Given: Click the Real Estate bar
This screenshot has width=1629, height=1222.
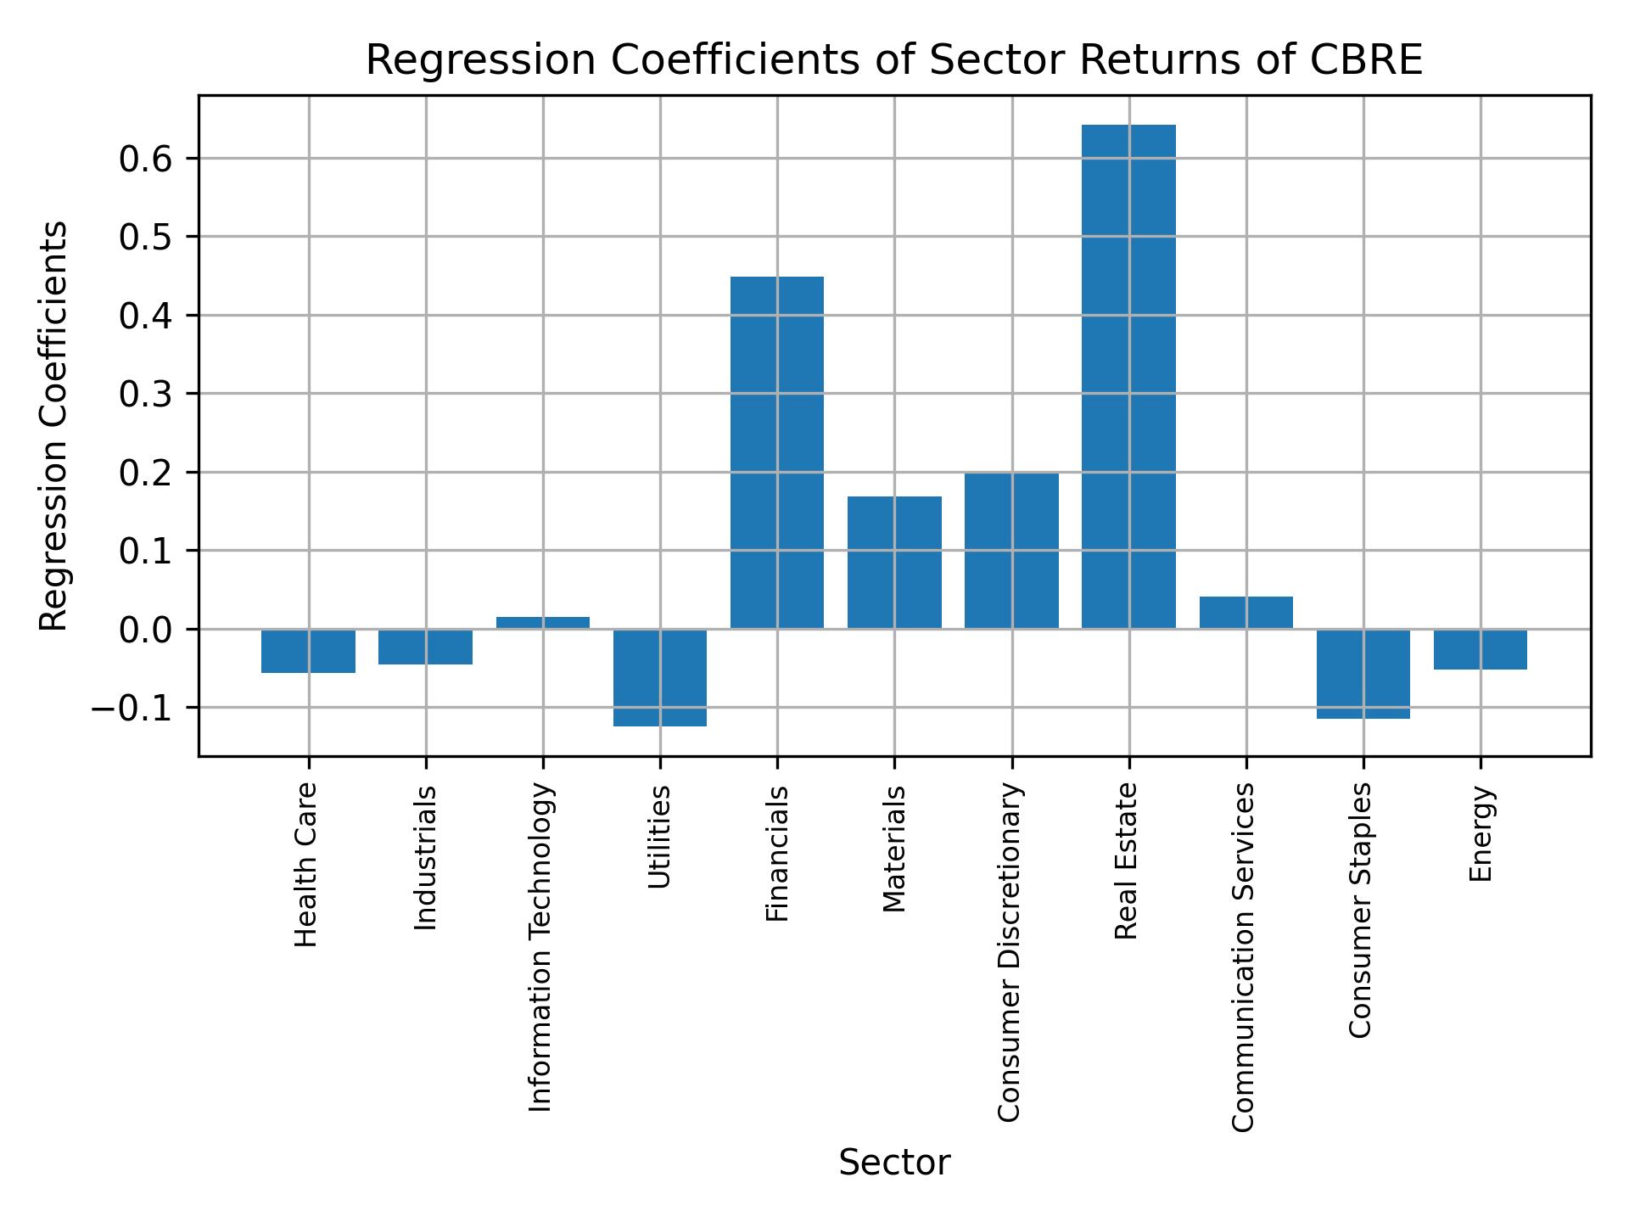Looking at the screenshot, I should (1128, 377).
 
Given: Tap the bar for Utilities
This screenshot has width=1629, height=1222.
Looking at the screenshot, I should (660, 677).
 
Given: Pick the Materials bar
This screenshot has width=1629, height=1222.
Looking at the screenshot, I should (894, 562).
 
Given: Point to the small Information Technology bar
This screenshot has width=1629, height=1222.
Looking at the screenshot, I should (543, 623).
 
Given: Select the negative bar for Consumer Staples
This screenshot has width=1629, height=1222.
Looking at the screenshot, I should (1363, 674).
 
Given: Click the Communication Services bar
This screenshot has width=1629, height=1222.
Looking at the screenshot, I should (1246, 613).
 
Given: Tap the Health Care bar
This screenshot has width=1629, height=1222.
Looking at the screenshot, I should (308, 651).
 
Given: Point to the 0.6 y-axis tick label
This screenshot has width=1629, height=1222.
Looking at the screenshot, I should (147, 159).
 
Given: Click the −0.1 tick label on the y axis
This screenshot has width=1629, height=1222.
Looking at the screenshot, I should (133, 708).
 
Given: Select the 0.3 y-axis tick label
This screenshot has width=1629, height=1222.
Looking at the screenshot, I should (147, 394).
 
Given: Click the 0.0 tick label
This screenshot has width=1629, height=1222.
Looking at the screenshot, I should (147, 630).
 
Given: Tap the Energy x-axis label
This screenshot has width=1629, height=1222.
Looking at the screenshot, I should (1481, 834).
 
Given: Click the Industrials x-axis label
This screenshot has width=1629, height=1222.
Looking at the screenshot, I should (426, 858).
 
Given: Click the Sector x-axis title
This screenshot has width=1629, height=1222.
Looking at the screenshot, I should (894, 1163).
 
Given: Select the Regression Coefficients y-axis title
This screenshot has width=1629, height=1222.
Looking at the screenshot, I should (54, 426).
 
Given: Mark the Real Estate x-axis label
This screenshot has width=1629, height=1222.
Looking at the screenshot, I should (1126, 861).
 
